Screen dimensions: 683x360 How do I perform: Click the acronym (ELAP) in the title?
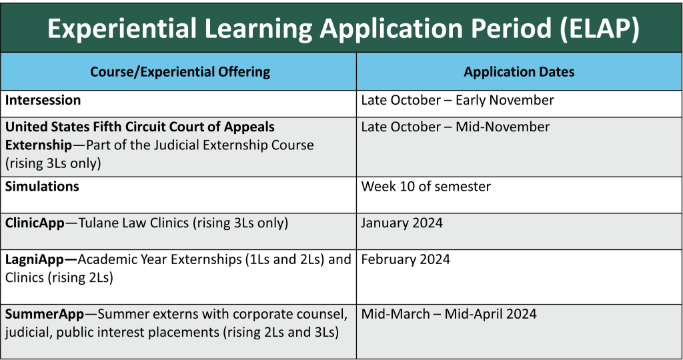coord(599,29)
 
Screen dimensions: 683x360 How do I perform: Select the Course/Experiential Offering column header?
coord(180,72)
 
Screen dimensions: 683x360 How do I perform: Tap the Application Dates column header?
coord(519,72)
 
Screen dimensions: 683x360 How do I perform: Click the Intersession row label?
coord(43,100)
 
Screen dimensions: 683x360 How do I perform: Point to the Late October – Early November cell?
coord(458,100)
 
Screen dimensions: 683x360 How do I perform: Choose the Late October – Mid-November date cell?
coord(455,127)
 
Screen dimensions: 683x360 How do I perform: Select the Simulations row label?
coord(42,186)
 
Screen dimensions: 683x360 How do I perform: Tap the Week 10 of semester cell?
coord(426,186)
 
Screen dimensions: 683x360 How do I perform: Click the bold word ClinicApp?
coord(35,223)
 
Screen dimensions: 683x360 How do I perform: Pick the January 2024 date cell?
coord(402,223)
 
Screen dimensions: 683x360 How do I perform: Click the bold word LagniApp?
coord(35,259)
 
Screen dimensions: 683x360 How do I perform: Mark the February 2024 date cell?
coord(406,259)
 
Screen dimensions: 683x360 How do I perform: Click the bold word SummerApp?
coord(45,314)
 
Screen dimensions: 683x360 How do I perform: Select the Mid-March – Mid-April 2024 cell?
coord(449,314)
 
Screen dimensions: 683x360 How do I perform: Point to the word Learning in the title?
coord(258,29)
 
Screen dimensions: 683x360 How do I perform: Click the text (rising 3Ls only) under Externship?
coord(53,163)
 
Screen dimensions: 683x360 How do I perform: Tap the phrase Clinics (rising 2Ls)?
coord(59,278)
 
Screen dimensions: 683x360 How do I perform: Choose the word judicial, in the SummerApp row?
coord(28,333)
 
